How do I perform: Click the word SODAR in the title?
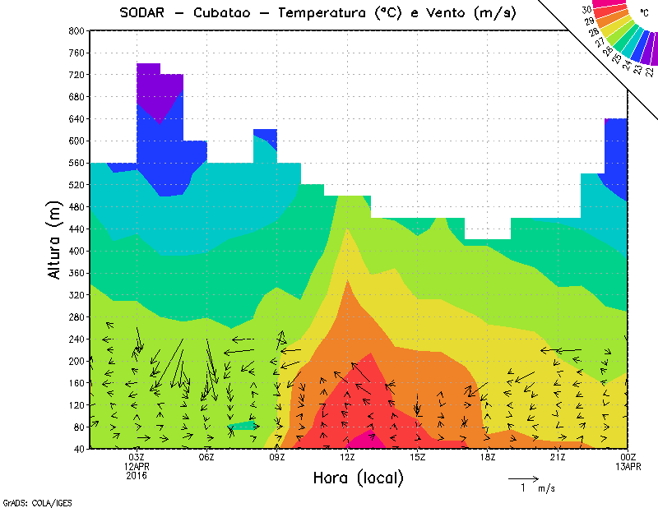coord(143,13)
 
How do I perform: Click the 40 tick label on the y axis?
coord(79,449)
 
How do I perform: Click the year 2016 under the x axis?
coord(137,476)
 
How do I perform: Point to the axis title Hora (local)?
coord(358,478)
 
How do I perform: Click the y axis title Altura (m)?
coord(54,239)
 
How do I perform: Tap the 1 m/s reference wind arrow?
coord(522,478)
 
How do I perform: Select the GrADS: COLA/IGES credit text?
coord(29,501)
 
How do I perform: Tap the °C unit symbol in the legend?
coord(643,13)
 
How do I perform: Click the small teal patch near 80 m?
coord(244,426)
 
